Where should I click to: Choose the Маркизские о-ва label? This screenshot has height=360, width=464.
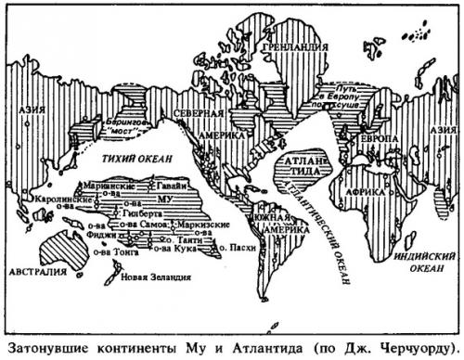tap(198, 225)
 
